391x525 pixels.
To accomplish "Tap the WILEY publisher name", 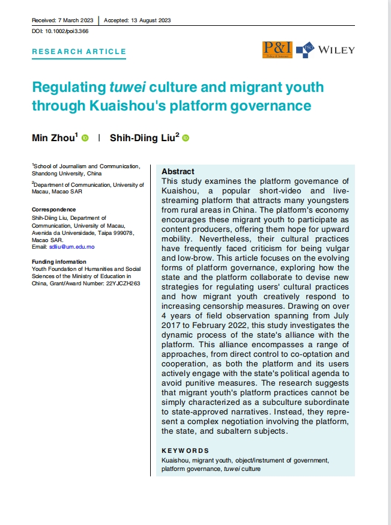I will tap(336, 50).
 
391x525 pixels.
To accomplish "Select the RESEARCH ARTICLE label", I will tap(78, 52).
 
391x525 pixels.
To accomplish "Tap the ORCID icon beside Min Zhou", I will tap(85, 138).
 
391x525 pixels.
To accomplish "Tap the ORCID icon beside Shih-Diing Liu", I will tap(185, 138).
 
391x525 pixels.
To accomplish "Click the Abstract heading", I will tap(178, 171).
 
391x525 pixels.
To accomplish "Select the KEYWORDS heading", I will tap(186, 451).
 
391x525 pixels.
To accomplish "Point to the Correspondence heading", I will tap(54, 210).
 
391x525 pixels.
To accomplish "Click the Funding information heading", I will tap(59, 261).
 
